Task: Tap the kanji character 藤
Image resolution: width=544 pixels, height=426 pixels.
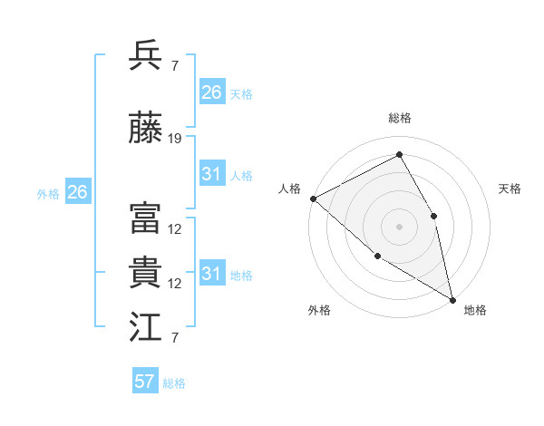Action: pyautogui.click(x=146, y=129)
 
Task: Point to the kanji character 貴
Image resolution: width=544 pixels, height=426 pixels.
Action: pyautogui.click(x=146, y=273)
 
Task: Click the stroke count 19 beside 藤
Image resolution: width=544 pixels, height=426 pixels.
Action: pyautogui.click(x=175, y=139)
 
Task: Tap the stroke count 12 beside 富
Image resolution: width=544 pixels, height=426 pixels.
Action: pyautogui.click(x=175, y=229)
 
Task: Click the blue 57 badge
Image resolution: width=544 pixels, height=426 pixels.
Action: pyautogui.click(x=145, y=382)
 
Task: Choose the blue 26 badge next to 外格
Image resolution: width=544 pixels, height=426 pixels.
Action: pyautogui.click(x=77, y=192)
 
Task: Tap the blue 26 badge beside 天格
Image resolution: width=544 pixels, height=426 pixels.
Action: pyautogui.click(x=211, y=92)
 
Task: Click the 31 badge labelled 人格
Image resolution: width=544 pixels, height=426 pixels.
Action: pyautogui.click(x=211, y=174)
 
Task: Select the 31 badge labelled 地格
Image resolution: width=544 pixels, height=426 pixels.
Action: pyautogui.click(x=211, y=274)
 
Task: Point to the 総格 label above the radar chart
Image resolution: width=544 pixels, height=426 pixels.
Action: pyautogui.click(x=400, y=118)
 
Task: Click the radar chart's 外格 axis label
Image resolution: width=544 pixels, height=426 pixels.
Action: pyautogui.click(x=318, y=310)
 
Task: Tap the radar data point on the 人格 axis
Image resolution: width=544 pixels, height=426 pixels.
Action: pyautogui.click(x=313, y=198)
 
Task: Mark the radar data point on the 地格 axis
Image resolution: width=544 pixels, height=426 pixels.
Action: pyautogui.click(x=452, y=298)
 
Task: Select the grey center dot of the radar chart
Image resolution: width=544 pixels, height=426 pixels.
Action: pyautogui.click(x=399, y=226)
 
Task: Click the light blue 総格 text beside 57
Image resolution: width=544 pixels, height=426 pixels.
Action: pyautogui.click(x=174, y=383)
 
